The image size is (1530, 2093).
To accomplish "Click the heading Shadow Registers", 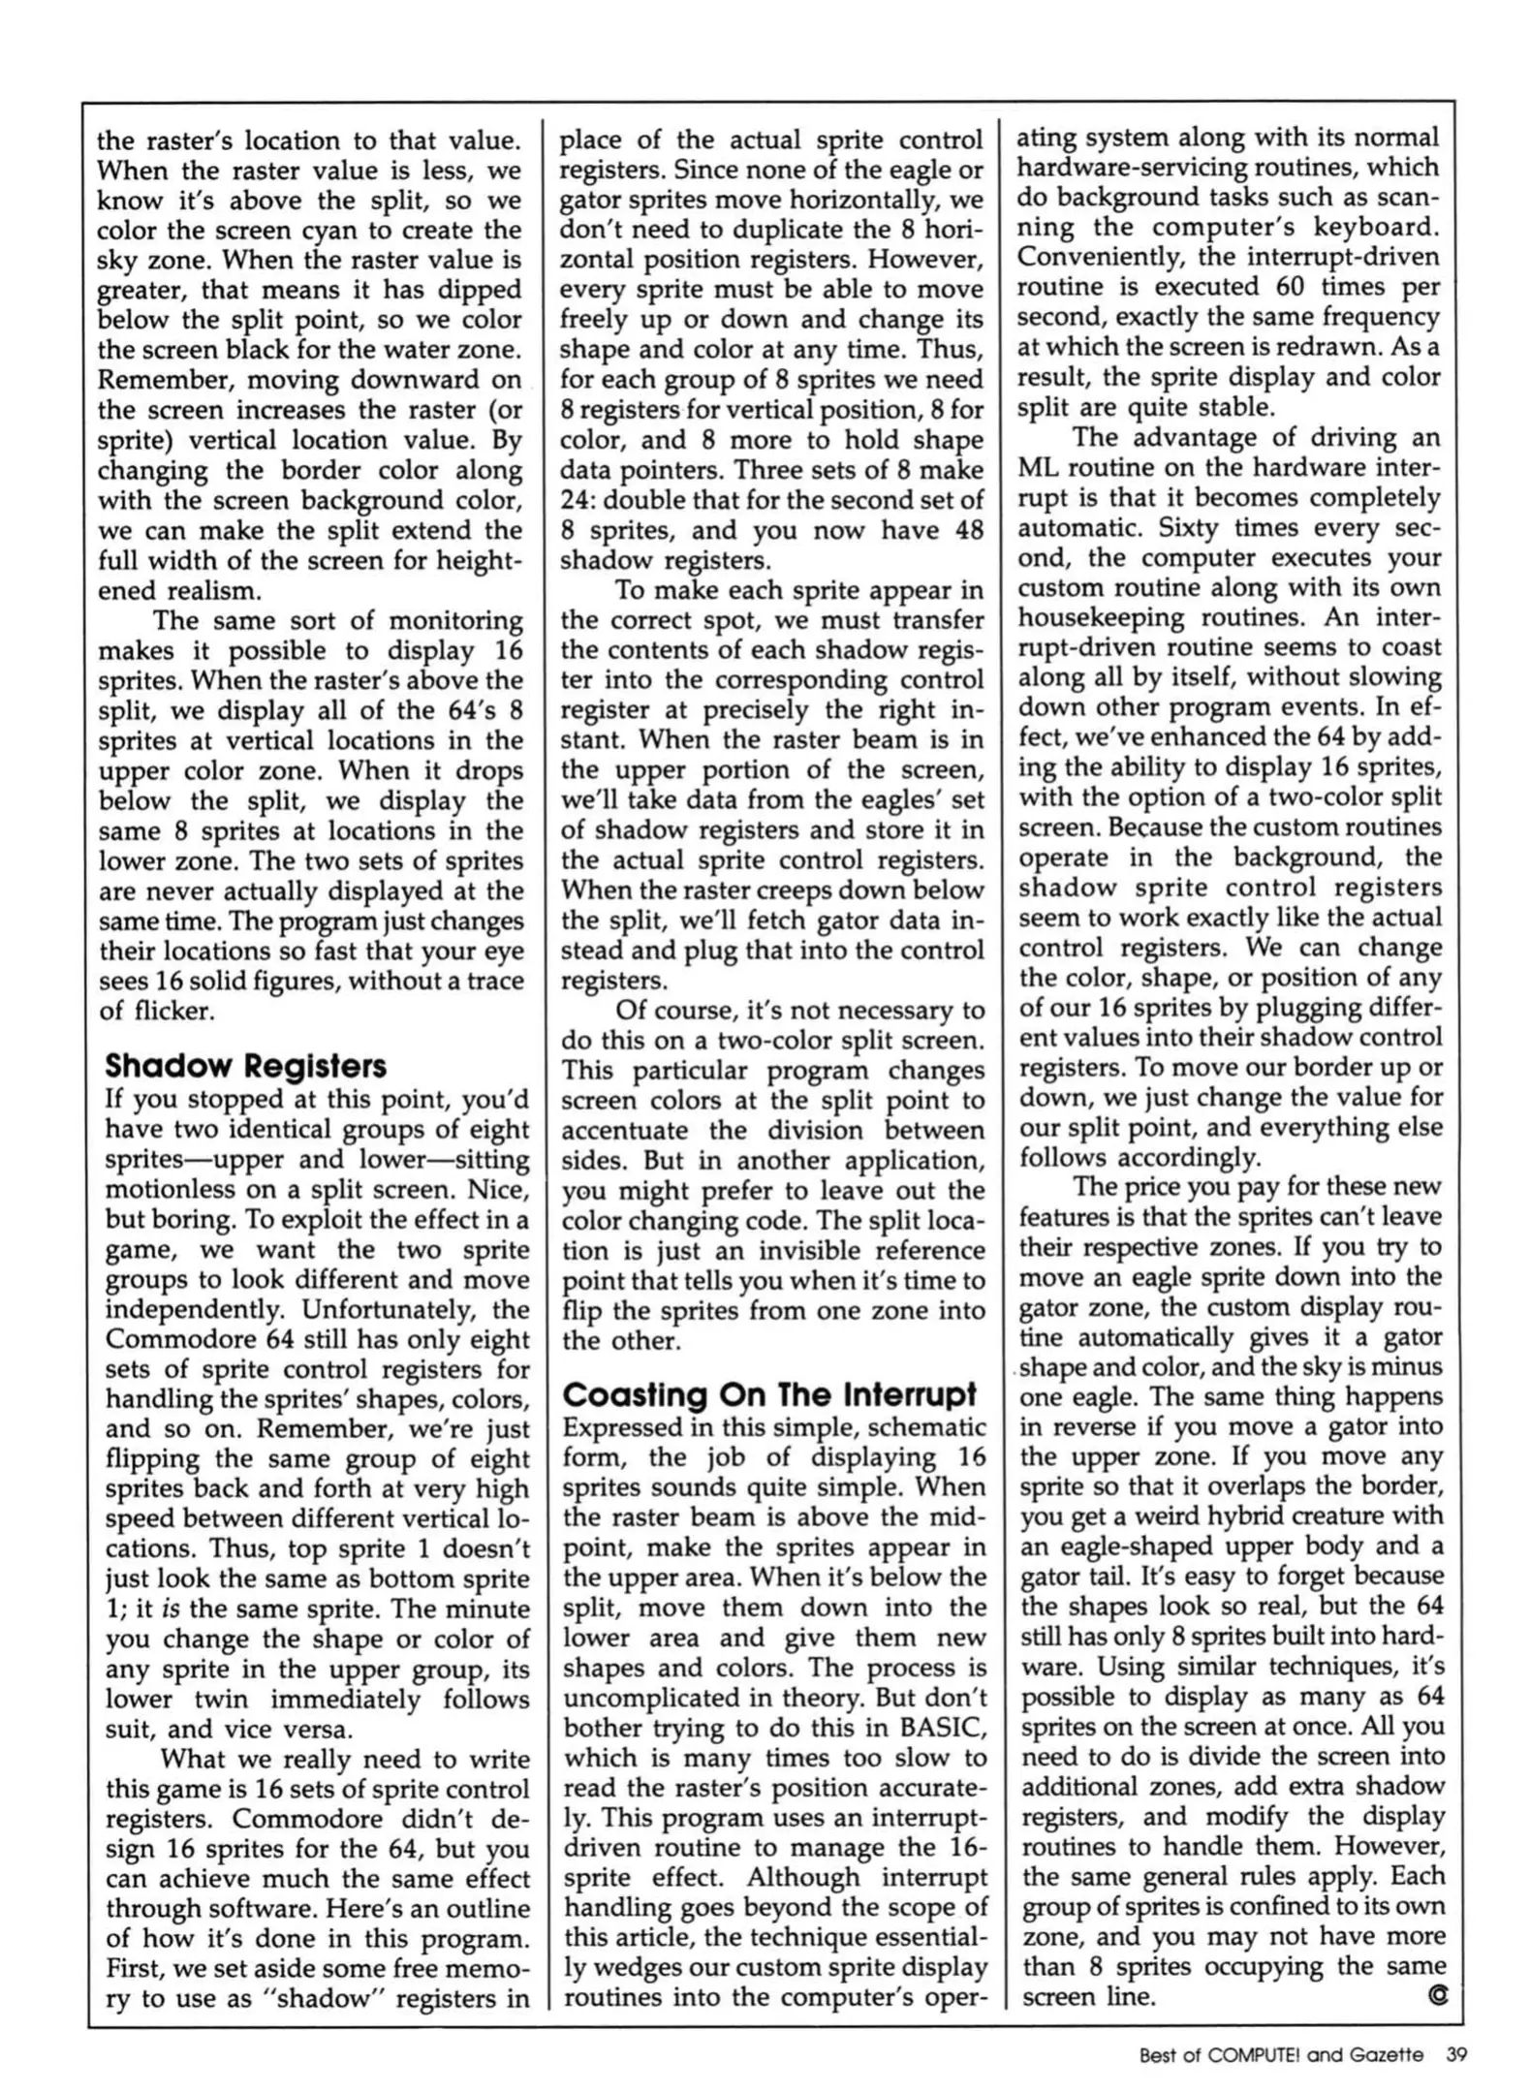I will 245,1066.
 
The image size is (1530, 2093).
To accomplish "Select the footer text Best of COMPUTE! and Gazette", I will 1281,2053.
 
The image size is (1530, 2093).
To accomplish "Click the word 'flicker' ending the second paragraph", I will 171,1011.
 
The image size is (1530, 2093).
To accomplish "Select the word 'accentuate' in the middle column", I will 625,1131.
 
